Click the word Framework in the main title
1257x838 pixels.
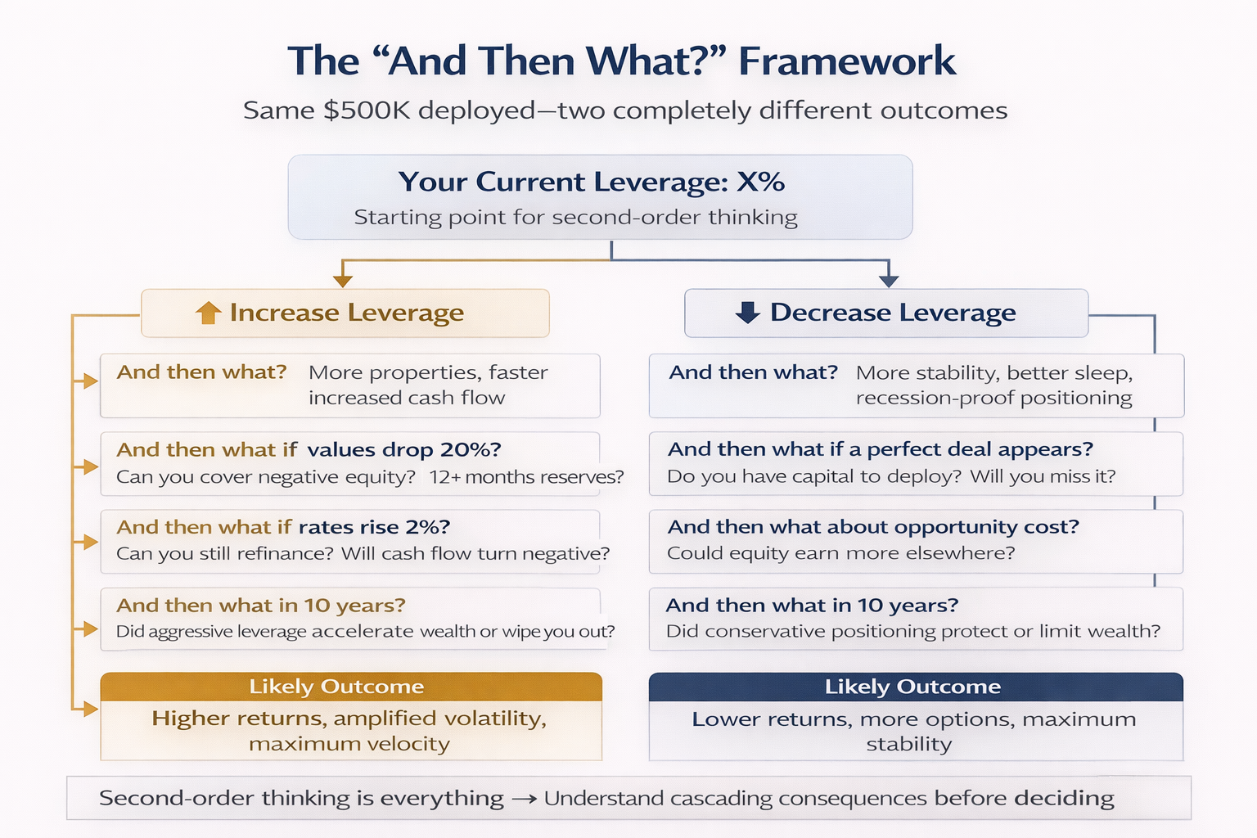[x=846, y=61]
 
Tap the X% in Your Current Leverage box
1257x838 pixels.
[x=760, y=181]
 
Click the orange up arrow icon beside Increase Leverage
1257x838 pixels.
[x=209, y=313]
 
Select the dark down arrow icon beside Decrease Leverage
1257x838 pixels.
[x=747, y=313]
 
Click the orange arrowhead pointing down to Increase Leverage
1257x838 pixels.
[x=343, y=280]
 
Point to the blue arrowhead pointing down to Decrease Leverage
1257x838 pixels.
[x=889, y=280]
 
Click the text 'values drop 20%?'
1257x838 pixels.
[x=403, y=449]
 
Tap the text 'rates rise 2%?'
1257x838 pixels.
[x=374, y=526]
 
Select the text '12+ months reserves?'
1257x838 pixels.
[x=526, y=476]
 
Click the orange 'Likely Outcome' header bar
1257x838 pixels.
[x=351, y=687]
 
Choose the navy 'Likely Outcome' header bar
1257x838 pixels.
[x=915, y=687]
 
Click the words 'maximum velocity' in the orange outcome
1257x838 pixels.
[x=349, y=744]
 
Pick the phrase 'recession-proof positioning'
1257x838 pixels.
[x=993, y=398]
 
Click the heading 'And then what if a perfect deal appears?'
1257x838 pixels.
[x=880, y=449]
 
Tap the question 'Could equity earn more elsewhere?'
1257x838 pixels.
[x=840, y=553]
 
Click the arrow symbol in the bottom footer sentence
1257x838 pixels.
[x=524, y=799]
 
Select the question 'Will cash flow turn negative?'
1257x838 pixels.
[x=475, y=553]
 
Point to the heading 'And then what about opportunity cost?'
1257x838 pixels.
[x=873, y=526]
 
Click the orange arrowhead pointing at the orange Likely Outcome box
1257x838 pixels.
[x=90, y=709]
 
